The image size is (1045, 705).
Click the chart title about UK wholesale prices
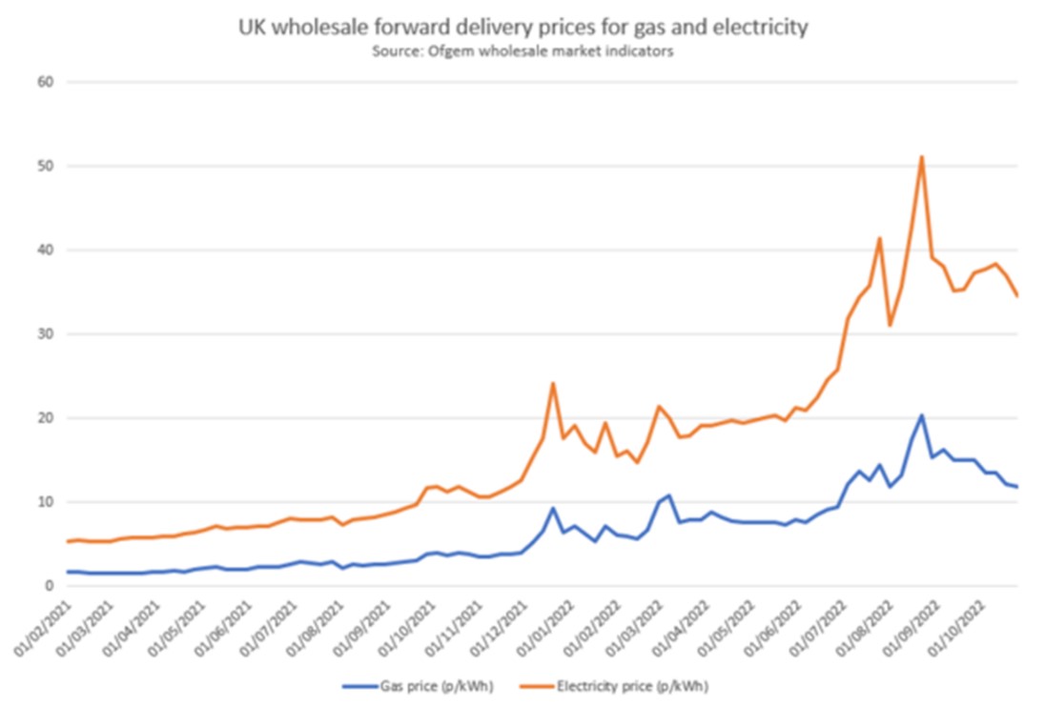click(522, 29)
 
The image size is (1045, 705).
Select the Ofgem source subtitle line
click(522, 51)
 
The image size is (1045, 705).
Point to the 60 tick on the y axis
click(45, 82)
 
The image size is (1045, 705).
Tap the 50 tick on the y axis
click(45, 166)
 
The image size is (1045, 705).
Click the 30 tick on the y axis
click(45, 333)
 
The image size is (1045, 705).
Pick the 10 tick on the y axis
click(45, 502)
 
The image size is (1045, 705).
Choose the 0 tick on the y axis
click(49, 586)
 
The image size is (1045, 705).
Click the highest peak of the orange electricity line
click(922, 157)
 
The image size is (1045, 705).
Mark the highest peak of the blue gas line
click(922, 415)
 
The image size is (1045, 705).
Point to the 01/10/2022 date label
click(965, 624)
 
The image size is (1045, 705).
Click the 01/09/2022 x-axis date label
click(918, 624)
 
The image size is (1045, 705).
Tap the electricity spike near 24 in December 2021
click(552, 384)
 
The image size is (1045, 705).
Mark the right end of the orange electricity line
click(1017, 296)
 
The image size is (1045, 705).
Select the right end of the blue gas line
click(1017, 487)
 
